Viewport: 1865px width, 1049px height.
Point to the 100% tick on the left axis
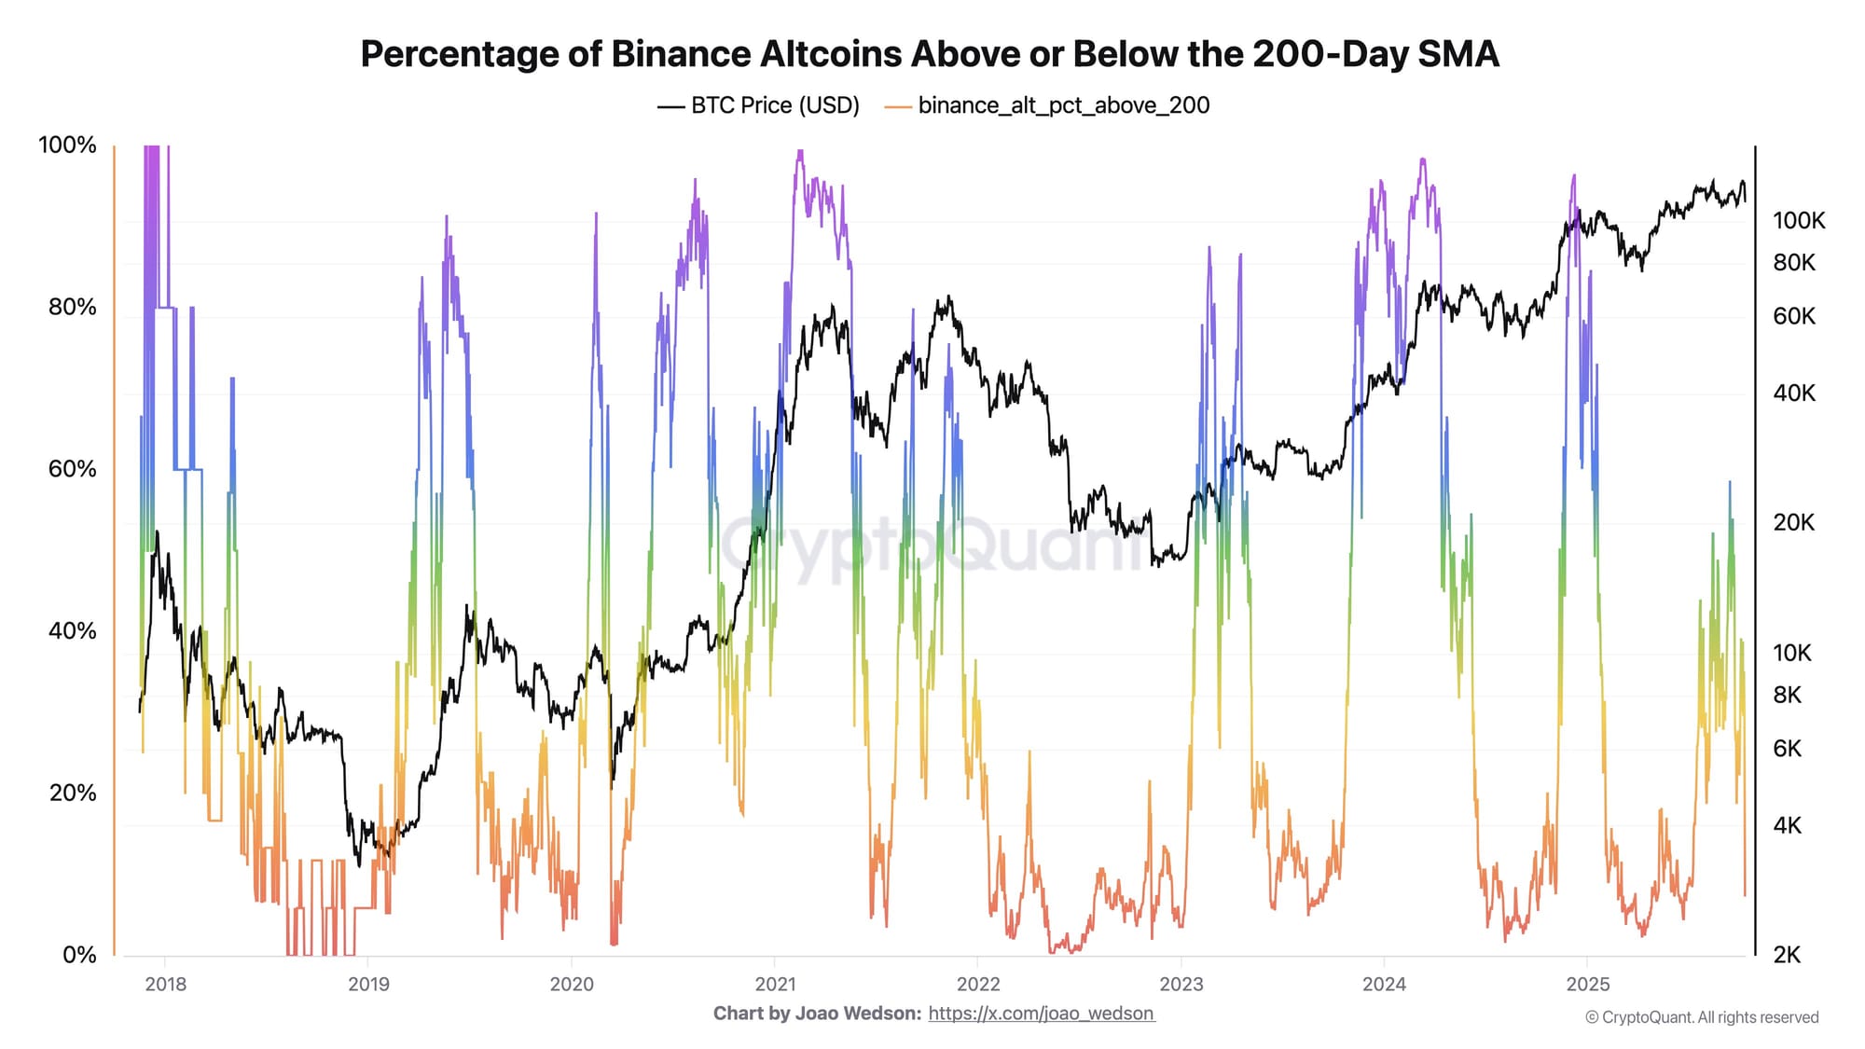(x=67, y=145)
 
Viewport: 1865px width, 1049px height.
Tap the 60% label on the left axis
(x=73, y=468)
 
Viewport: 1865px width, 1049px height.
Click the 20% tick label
(x=73, y=793)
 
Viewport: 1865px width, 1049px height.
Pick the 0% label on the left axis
(x=79, y=954)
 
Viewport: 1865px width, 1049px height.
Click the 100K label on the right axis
(x=1798, y=221)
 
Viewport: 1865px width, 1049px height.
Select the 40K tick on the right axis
(x=1793, y=393)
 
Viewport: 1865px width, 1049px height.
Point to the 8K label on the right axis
(x=1787, y=695)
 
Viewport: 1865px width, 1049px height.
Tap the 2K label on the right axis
(x=1787, y=954)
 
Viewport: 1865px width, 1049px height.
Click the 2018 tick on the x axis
(x=165, y=984)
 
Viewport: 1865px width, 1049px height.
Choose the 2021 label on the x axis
(x=775, y=984)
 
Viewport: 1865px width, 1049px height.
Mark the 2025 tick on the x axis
(x=1587, y=984)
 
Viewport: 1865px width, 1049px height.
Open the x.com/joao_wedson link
(x=1042, y=1014)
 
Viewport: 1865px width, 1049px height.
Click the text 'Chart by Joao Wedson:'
(x=817, y=1014)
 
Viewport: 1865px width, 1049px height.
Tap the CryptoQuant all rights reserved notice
(x=1702, y=1017)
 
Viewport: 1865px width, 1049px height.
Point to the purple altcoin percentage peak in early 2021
(x=800, y=154)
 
